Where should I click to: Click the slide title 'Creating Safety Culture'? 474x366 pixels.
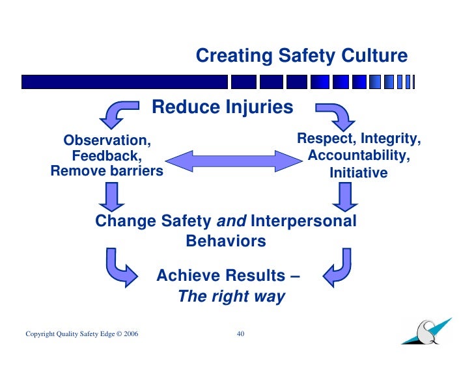301,57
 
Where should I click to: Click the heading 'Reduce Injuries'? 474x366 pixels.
223,107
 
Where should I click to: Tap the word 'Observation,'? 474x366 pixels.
107,140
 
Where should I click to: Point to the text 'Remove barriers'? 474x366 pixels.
107,172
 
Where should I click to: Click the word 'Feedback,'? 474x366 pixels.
107,156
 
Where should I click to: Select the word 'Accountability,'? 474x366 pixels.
359,156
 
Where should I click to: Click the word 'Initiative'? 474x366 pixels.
359,173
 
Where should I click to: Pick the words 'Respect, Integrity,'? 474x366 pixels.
359,139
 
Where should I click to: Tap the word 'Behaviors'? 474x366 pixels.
226,241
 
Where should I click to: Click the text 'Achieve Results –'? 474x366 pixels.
228,276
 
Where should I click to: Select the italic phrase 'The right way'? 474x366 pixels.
231,297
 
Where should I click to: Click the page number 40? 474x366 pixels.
240,334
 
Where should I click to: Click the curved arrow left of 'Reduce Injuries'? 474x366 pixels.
118,113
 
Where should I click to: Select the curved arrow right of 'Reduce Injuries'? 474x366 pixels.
335,114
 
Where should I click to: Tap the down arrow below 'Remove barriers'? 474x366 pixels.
112,196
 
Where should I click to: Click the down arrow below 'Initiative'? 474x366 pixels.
344,196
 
